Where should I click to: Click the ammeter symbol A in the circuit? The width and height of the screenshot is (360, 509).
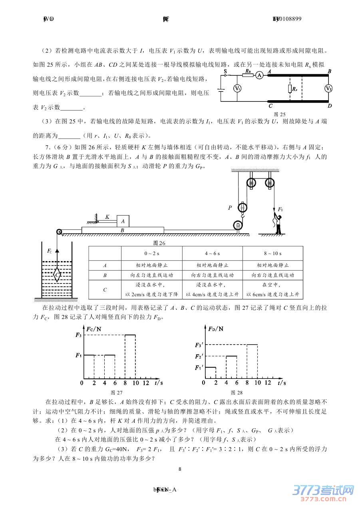click(x=259, y=74)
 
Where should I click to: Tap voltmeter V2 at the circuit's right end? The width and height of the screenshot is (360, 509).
click(x=328, y=88)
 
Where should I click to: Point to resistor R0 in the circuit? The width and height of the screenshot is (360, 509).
click(x=248, y=73)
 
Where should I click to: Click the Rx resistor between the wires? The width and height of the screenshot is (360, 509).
click(x=290, y=88)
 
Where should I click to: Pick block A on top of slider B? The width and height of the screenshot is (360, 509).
click(x=123, y=221)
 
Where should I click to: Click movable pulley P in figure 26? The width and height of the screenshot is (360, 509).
click(x=243, y=208)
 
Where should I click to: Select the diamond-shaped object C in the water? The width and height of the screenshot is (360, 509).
click(x=58, y=275)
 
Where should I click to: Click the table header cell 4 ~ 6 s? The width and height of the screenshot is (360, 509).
click(x=212, y=254)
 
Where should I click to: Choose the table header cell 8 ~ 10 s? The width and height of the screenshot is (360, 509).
click(x=272, y=254)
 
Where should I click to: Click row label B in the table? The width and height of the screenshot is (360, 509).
click(x=105, y=275)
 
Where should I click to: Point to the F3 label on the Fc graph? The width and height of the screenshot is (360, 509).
click(x=78, y=335)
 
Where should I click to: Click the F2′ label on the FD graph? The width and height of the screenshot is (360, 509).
click(x=199, y=356)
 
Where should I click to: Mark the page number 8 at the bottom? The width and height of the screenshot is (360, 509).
click(x=180, y=469)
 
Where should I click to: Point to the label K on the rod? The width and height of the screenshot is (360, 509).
click(x=107, y=217)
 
